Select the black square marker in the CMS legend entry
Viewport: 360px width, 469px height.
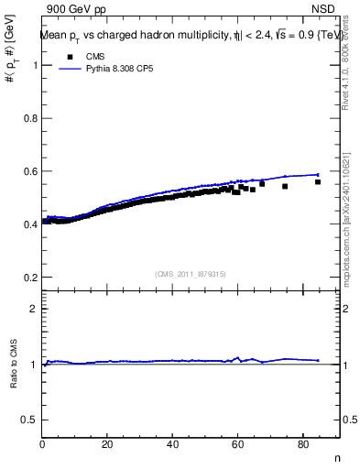68,57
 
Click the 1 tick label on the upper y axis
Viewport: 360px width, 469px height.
33,65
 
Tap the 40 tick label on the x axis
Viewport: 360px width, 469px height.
173,444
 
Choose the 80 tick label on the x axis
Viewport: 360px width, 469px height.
303,444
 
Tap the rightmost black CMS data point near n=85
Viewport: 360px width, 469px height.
318,182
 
